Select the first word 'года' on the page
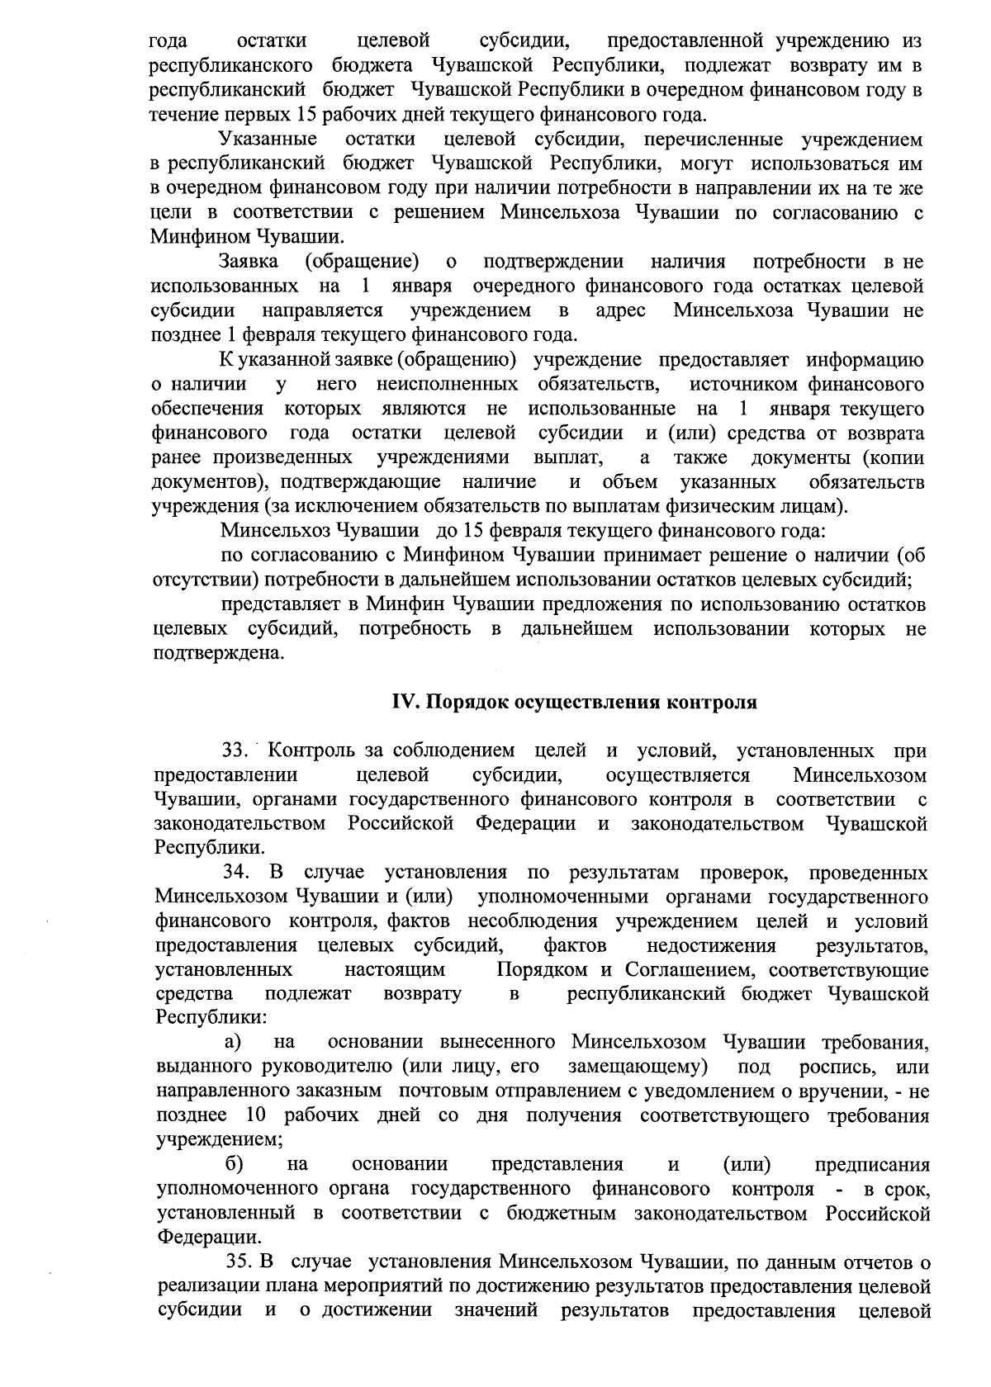point(168,40)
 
